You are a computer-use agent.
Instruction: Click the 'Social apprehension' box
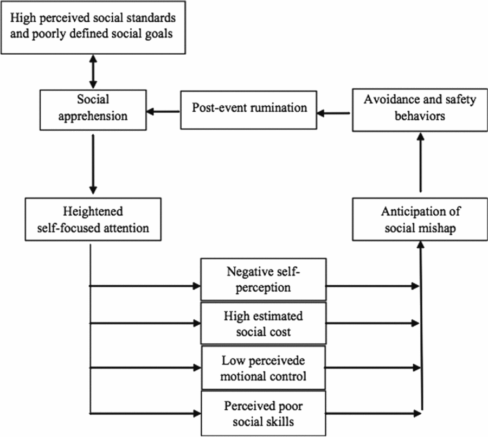click(93, 108)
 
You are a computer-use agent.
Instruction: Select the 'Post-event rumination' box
click(249, 108)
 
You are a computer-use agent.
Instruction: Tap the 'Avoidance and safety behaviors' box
click(414, 108)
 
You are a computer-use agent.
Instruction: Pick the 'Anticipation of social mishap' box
click(420, 219)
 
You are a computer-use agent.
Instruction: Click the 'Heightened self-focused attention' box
click(93, 219)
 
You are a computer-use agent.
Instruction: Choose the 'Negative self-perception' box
click(263, 279)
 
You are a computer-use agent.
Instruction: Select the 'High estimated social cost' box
click(263, 323)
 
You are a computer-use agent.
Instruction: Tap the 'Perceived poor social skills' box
click(263, 413)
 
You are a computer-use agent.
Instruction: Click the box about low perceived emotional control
click(263, 368)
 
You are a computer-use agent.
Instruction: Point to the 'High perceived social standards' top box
click(93, 27)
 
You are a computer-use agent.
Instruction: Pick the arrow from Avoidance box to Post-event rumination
click(335, 113)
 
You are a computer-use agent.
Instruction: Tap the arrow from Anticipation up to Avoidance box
click(420, 165)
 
